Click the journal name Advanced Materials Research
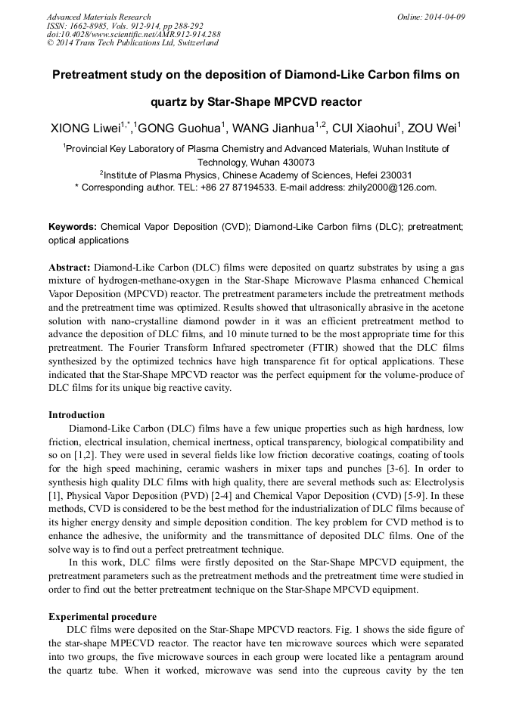point(98,17)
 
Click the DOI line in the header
point(133,35)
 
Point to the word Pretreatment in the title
point(91,76)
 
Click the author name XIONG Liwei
point(85,128)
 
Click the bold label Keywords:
point(73,226)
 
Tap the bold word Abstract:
point(70,268)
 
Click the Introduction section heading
point(76,414)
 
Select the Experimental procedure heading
point(102,616)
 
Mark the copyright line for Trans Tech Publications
point(133,43)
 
